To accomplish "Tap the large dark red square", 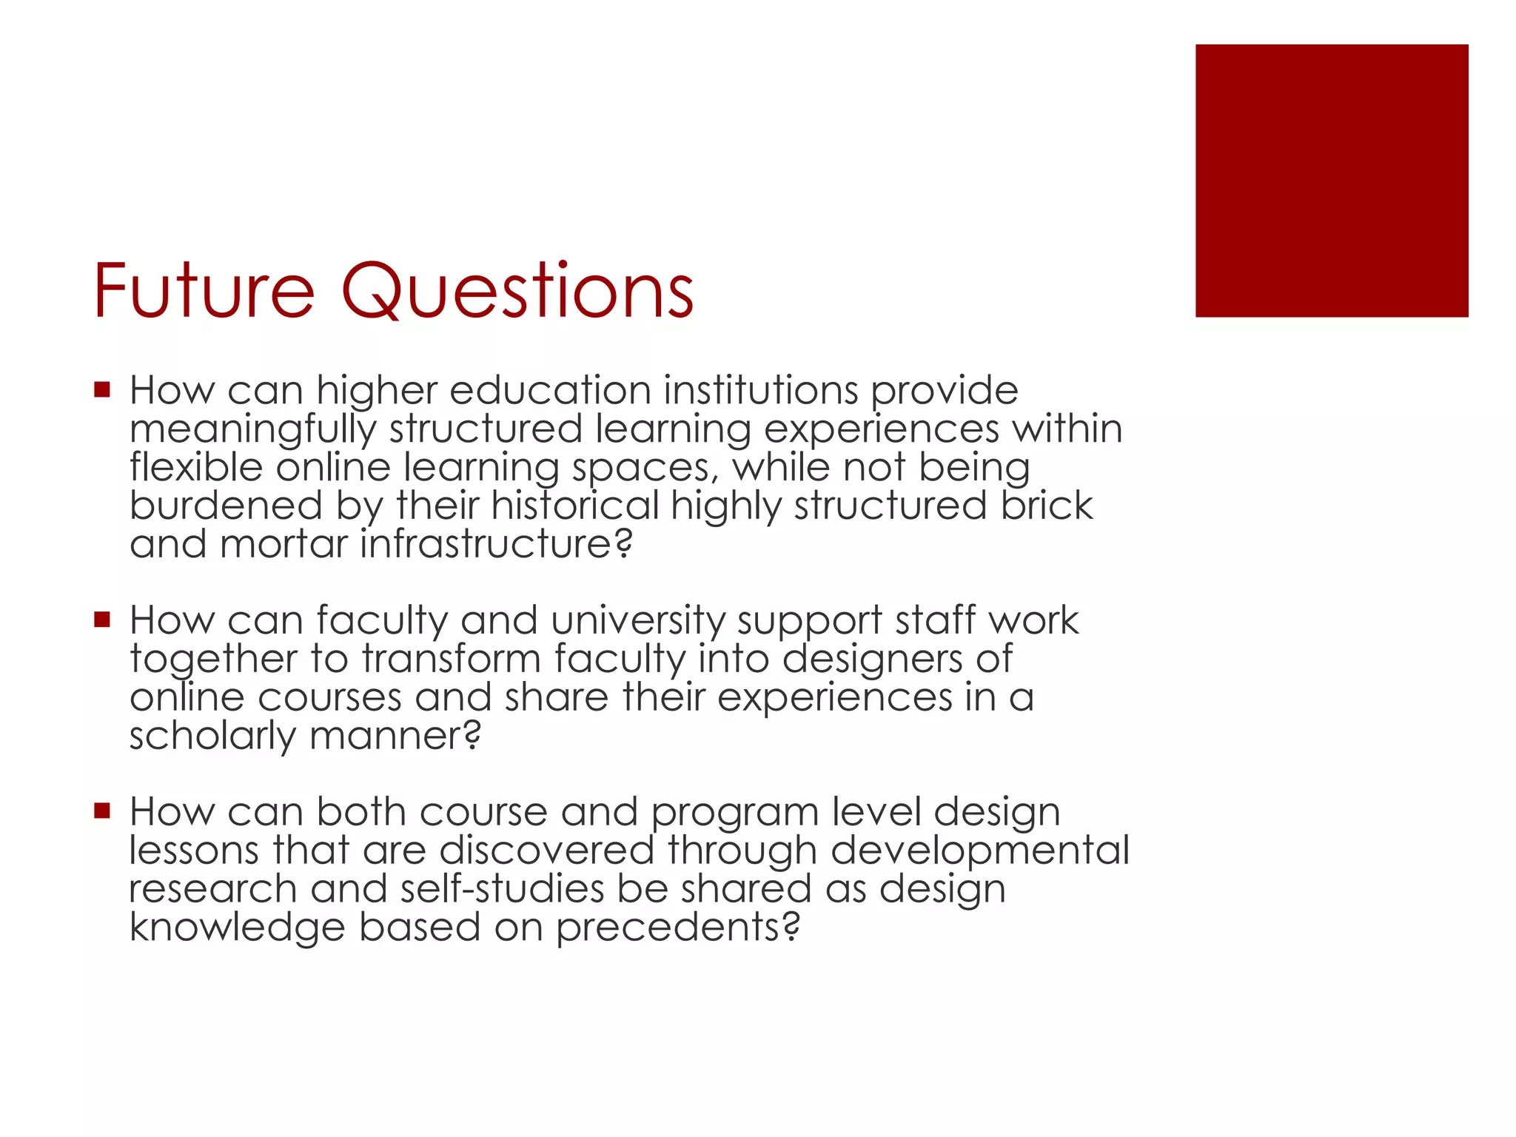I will point(1331,181).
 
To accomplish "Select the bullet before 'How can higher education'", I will point(102,389).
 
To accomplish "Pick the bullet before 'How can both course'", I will point(102,810).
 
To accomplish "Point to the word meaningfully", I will point(252,430).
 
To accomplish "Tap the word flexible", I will point(196,467).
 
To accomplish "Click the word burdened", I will point(226,506).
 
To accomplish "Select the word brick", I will point(1047,506).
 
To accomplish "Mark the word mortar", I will point(284,544).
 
